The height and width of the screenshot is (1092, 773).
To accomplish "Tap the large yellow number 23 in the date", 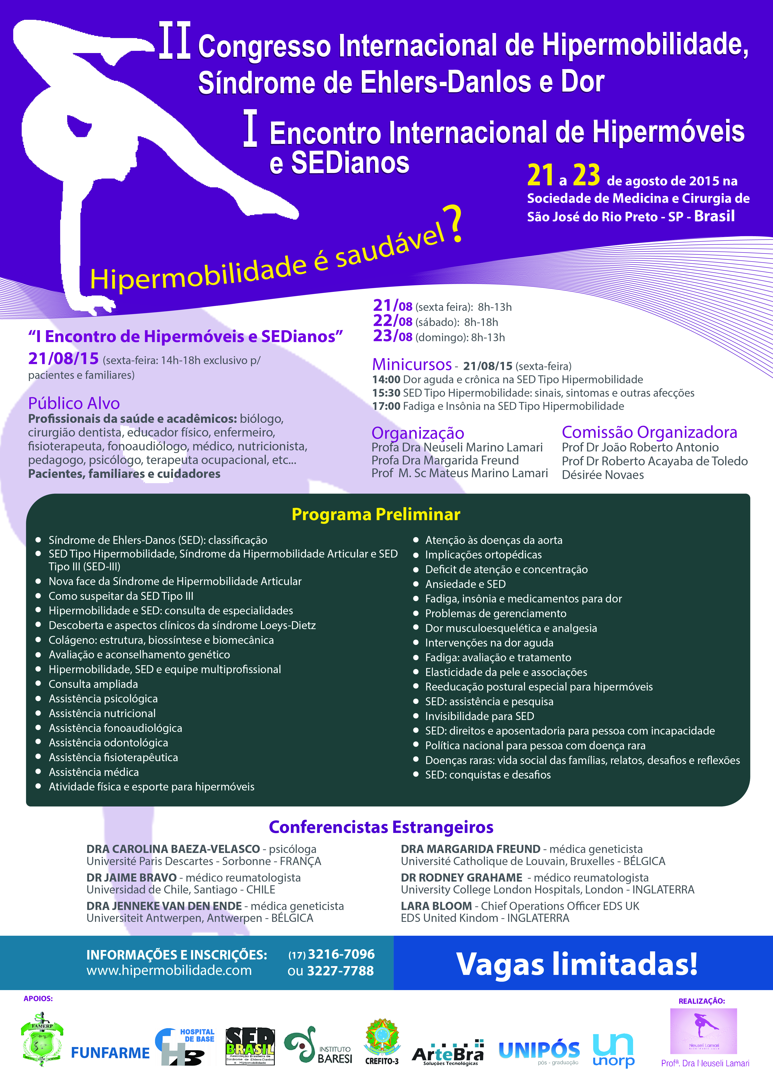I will click(586, 175).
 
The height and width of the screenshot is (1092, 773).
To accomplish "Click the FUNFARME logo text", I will click(110, 1053).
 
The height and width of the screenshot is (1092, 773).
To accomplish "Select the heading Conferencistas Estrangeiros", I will click(381, 827).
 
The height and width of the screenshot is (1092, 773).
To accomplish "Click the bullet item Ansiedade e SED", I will click(465, 584).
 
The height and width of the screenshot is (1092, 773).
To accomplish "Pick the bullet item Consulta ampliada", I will click(93, 684).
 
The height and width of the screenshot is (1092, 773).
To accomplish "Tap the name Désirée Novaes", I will click(603, 475).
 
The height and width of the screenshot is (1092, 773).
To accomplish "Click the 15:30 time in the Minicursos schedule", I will click(386, 393).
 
